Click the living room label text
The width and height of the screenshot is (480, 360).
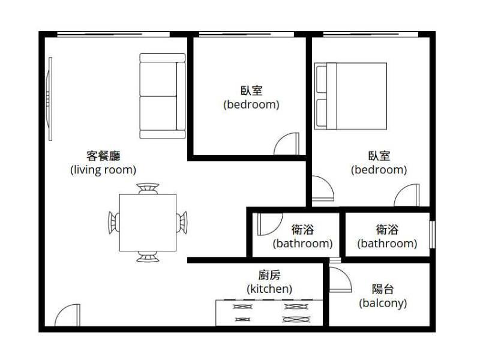click(x=103, y=163)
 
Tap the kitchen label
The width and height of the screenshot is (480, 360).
click(x=269, y=282)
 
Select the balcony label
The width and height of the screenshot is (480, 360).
click(x=383, y=296)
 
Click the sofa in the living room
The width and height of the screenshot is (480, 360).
click(x=162, y=96)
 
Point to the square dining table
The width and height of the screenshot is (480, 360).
click(x=148, y=223)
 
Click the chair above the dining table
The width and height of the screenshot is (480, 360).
click(x=148, y=188)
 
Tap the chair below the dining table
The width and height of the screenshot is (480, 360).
click(x=148, y=257)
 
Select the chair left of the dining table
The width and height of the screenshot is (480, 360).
click(x=113, y=223)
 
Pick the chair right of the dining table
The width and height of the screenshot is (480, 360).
click(x=182, y=223)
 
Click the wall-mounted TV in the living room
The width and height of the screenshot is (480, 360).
click(x=49, y=99)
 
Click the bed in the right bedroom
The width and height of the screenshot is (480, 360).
click(x=350, y=96)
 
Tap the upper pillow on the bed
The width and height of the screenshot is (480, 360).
click(x=321, y=79)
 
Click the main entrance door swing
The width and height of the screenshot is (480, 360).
click(x=68, y=315)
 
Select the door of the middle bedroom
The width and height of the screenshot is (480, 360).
click(x=287, y=143)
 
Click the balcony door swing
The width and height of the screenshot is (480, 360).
click(x=340, y=280)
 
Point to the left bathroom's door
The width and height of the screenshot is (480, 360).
click(x=269, y=224)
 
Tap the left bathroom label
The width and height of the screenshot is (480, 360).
click(x=303, y=236)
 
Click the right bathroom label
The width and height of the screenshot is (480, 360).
click(x=387, y=236)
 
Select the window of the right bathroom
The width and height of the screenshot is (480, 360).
click(x=432, y=235)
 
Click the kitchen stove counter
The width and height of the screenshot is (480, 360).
click(x=269, y=313)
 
